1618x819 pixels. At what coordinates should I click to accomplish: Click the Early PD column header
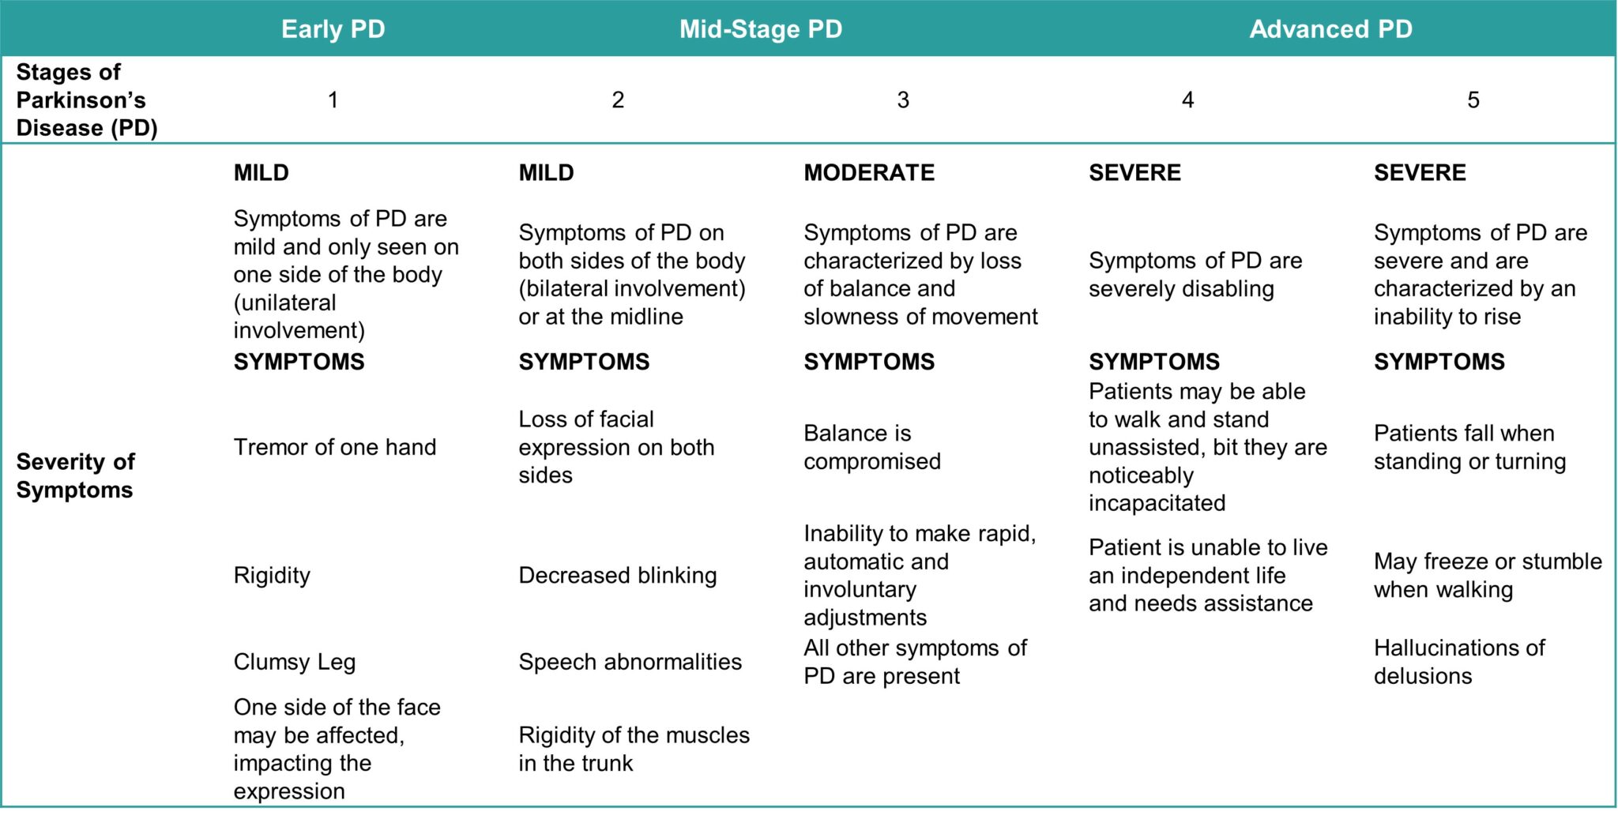333,29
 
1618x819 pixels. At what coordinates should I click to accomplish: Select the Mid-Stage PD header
761,29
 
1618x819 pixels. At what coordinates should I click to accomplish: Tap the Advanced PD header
1330,29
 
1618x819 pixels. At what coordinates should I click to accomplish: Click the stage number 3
903,100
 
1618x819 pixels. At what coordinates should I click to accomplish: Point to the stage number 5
1473,100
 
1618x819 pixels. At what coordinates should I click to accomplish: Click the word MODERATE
869,172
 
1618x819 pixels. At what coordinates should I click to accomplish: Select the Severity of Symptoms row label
75,475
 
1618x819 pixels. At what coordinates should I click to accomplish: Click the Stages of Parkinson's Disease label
87,100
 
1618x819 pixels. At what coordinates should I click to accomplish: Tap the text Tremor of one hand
335,447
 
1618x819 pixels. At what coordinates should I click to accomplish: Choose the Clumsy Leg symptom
295,662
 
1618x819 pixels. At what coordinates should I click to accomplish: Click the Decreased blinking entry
618,575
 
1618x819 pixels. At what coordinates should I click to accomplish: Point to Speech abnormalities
630,662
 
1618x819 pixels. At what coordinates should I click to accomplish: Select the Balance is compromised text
872,447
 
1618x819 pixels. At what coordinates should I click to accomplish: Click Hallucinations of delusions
1459,662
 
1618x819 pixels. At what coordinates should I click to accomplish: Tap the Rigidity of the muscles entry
634,749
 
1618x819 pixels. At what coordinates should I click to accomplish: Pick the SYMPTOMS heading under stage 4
1154,362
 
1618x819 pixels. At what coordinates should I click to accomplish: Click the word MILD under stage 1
262,172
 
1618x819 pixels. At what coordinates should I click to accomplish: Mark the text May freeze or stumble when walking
1488,575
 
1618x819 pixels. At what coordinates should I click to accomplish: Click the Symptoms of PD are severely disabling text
1195,274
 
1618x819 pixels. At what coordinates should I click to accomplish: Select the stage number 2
618,100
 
